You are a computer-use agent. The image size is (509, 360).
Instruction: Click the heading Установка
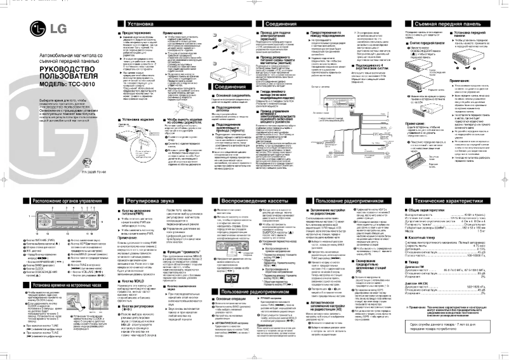click(x=133, y=23)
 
